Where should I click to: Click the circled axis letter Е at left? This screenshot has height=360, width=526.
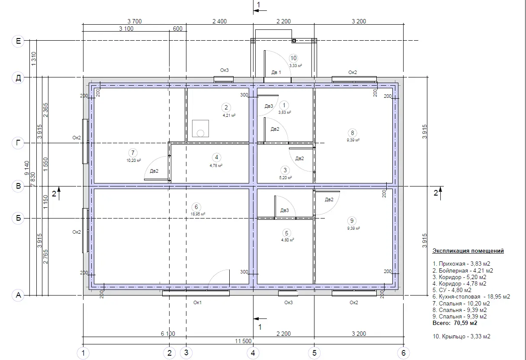(18, 41)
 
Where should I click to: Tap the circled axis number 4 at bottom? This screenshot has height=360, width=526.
(253, 353)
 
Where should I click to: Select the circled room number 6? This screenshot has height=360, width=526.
(196, 207)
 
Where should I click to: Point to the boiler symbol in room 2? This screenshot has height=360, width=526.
(200, 129)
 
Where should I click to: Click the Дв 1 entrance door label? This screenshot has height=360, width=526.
(276, 72)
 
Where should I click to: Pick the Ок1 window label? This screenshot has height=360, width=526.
(198, 302)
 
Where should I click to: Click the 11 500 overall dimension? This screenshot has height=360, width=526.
(243, 341)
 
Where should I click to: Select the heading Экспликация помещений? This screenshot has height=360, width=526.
(468, 251)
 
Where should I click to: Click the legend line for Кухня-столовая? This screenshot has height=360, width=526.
(471, 296)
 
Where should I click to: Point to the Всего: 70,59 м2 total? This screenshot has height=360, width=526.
(455, 323)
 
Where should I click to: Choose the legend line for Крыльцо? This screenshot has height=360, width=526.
(462, 336)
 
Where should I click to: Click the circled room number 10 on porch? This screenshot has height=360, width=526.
(294, 58)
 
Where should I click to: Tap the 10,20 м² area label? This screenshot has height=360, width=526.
(134, 161)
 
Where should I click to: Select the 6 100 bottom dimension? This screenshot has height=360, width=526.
(168, 334)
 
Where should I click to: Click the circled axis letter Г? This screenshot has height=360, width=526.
(18, 143)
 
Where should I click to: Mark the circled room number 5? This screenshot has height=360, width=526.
(286, 233)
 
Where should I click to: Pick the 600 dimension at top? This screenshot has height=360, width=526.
(177, 29)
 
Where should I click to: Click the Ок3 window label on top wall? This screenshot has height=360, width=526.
(224, 70)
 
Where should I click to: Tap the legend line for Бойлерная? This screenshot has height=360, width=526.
(463, 270)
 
